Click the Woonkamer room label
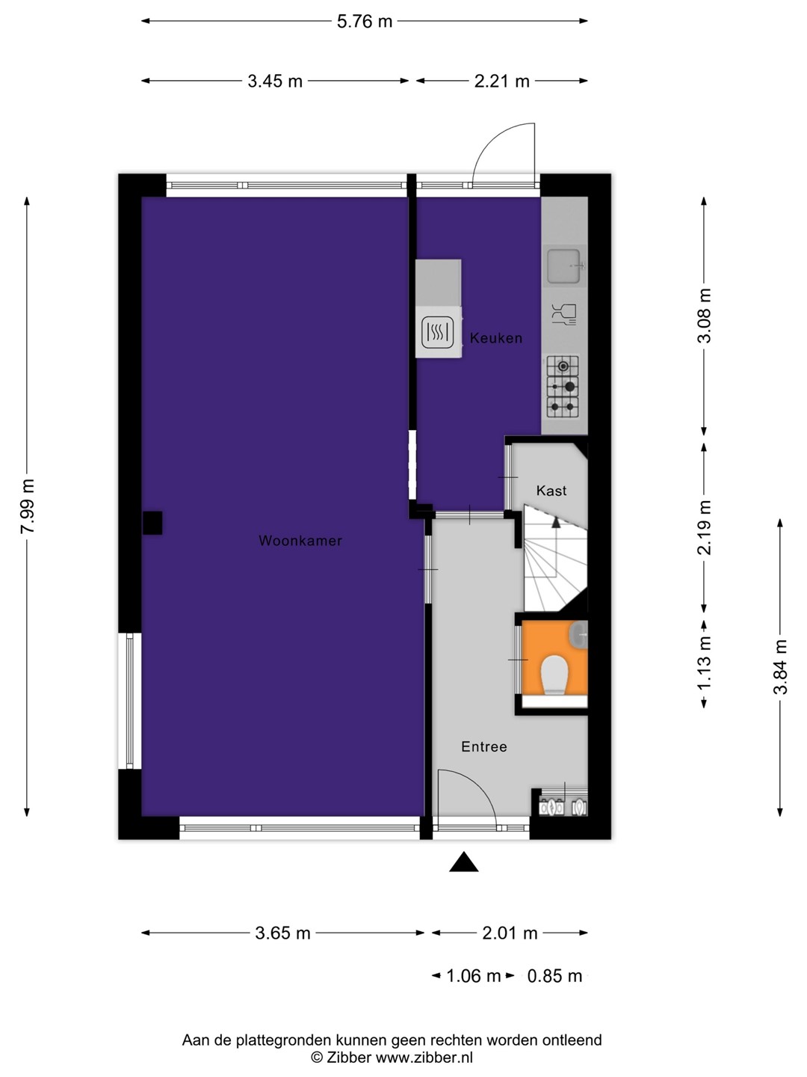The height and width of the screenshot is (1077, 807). point(300,541)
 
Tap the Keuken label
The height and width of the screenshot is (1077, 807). point(496,338)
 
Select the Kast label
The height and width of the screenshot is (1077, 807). point(551,491)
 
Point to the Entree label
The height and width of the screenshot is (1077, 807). point(484,746)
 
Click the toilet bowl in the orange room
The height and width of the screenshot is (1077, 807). point(554,675)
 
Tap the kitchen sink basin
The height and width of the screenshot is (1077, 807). point(563,266)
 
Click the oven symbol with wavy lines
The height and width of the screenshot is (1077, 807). point(437,332)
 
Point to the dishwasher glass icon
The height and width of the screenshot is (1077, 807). point(564,314)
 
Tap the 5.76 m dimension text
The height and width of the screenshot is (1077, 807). point(365,22)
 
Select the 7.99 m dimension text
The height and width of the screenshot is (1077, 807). point(27,507)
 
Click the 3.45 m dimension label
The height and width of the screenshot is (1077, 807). point(275,81)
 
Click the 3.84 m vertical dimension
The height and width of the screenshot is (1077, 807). point(781,667)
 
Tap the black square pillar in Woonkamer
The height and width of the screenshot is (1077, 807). point(152,523)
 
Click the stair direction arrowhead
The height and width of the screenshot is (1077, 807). point(556,522)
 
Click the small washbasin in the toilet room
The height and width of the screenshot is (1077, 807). point(578,635)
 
